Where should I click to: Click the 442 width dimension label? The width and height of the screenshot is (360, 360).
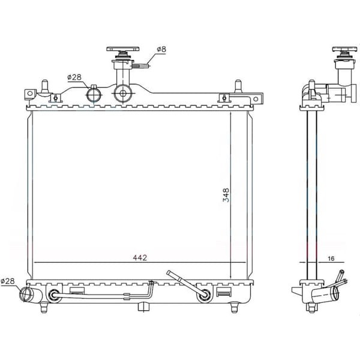[140, 257]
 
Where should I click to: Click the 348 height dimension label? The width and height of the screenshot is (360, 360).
[226, 195]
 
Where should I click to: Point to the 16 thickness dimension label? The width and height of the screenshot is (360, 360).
[331, 259]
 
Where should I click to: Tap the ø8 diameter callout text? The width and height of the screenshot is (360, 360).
[161, 49]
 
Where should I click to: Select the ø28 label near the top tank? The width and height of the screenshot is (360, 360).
[74, 77]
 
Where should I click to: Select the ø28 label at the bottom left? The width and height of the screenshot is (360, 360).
[8, 281]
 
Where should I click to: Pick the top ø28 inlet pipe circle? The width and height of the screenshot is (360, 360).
[94, 94]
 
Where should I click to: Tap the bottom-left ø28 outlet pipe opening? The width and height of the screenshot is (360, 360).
[25, 295]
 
